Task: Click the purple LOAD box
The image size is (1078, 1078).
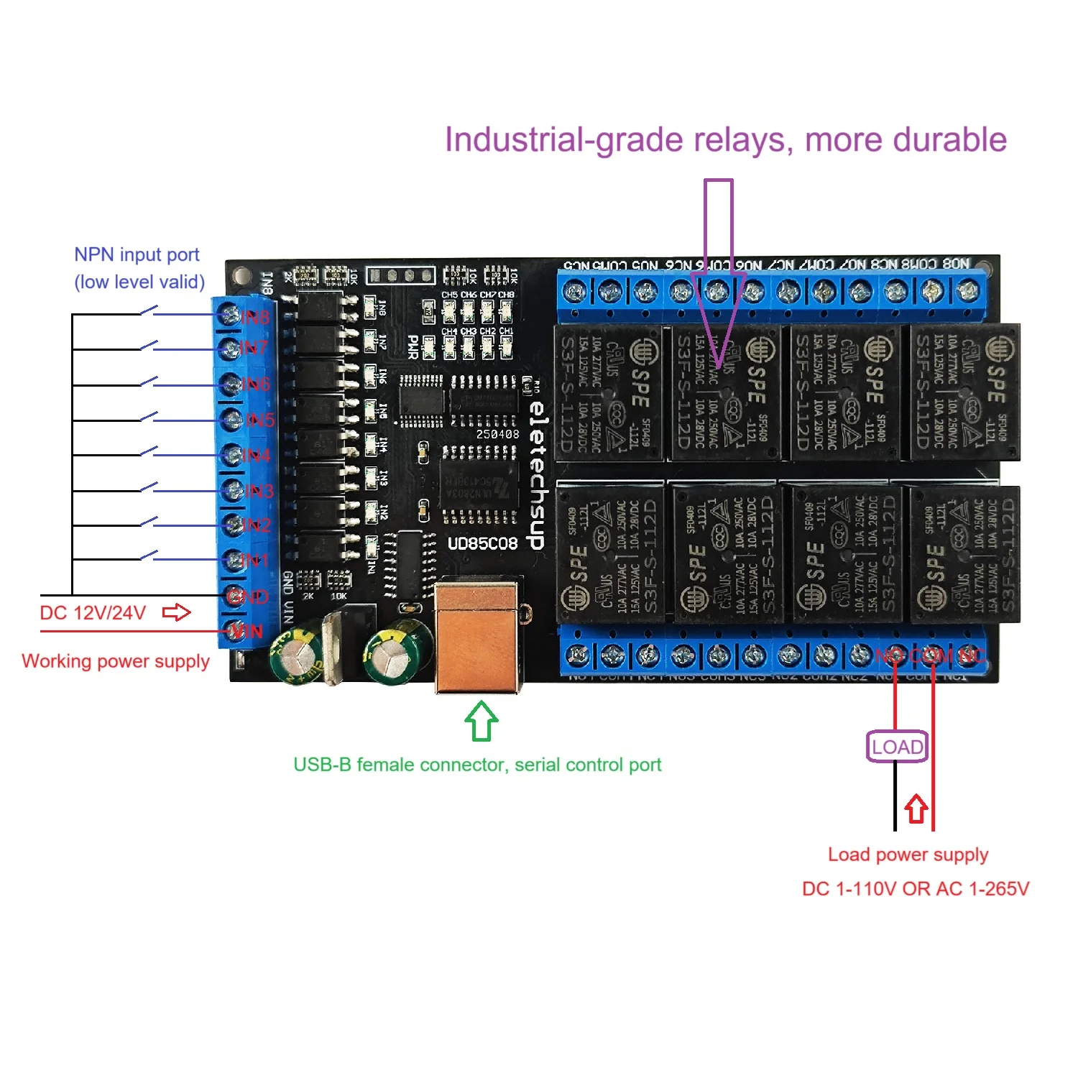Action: (x=897, y=747)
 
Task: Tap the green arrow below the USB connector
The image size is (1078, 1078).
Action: (x=482, y=722)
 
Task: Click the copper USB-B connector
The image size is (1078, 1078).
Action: (x=477, y=636)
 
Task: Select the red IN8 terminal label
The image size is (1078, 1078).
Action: (x=255, y=317)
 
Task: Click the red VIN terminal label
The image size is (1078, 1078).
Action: (x=247, y=632)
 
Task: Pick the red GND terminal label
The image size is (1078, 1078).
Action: (x=248, y=596)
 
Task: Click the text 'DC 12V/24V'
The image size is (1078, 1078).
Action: (x=93, y=613)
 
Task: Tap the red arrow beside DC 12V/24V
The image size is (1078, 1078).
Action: (x=177, y=612)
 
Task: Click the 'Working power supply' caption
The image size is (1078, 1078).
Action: (x=116, y=661)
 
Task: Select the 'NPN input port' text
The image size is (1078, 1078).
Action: (x=137, y=255)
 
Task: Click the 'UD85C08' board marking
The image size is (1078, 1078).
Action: (x=482, y=543)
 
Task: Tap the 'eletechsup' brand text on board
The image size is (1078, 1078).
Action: (x=537, y=474)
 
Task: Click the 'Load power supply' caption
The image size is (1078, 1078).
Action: (x=908, y=854)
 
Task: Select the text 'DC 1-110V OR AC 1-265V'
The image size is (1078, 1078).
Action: (x=916, y=889)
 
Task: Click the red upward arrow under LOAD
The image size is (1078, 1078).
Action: (x=916, y=808)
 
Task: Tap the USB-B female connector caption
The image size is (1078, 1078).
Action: (x=477, y=765)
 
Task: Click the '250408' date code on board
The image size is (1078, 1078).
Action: (x=497, y=434)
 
